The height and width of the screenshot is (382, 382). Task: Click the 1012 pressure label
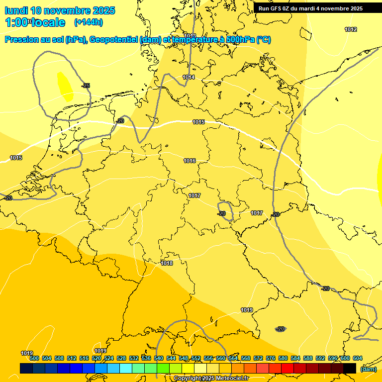[351, 29]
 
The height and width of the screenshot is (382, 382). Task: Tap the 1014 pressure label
[189, 77]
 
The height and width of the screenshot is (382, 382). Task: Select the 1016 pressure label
[190, 161]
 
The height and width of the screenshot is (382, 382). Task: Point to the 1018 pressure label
[167, 263]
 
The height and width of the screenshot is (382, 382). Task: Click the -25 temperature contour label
[86, 86]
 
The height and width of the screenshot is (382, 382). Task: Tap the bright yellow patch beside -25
[65, 87]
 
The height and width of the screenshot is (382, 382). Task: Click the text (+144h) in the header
[88, 22]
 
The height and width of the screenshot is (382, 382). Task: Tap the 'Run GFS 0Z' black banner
[310, 8]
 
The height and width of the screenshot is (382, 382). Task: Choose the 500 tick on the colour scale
[34, 358]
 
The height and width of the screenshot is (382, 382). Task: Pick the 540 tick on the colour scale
[159, 358]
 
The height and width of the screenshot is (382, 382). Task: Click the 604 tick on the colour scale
[357, 358]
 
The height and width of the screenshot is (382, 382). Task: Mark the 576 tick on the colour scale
[271, 358]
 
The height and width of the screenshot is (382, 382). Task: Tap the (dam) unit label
[368, 369]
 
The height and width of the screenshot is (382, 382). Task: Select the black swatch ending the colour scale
[350, 368]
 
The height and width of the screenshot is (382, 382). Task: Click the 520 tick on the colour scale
[96, 358]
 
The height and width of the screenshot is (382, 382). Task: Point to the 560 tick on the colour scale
[221, 358]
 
